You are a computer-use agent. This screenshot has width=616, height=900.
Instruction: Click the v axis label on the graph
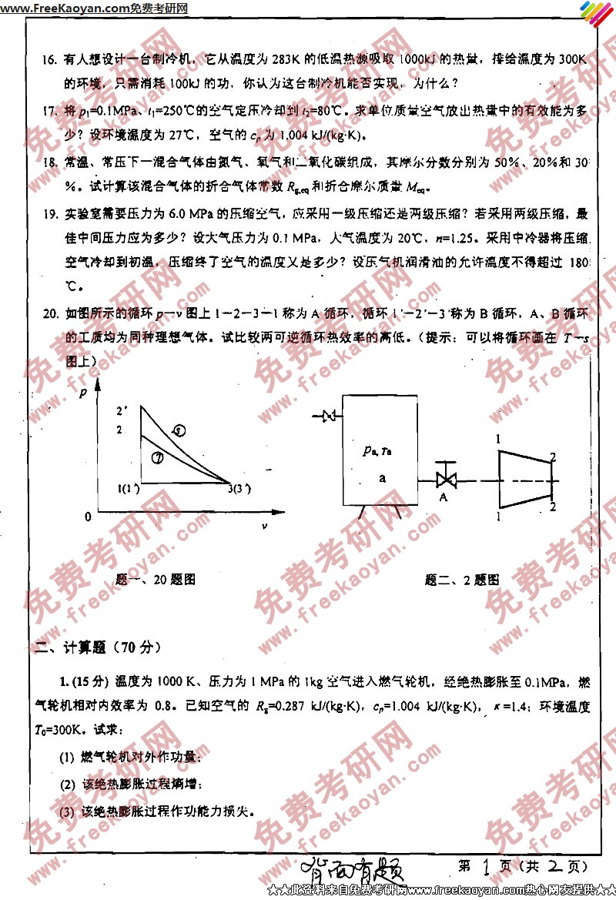tap(265, 527)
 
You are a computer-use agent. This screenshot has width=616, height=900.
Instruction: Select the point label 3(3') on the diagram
tap(239, 487)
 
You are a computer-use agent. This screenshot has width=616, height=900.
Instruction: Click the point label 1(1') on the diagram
tap(128, 487)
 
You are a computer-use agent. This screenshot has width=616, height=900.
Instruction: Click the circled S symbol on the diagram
tap(179, 431)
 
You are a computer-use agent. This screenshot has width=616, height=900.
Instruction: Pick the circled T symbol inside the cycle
tap(157, 457)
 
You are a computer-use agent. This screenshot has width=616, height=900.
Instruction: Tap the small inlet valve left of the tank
tap(328, 417)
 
